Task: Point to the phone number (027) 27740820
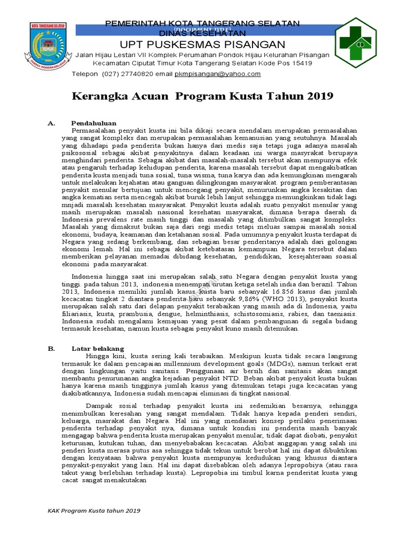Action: pyautogui.click(x=124, y=74)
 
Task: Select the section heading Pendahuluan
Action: pyautogui.click(x=94, y=123)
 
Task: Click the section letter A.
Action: pyautogui.click(x=51, y=123)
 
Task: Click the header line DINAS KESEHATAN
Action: pyautogui.click(x=202, y=32)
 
